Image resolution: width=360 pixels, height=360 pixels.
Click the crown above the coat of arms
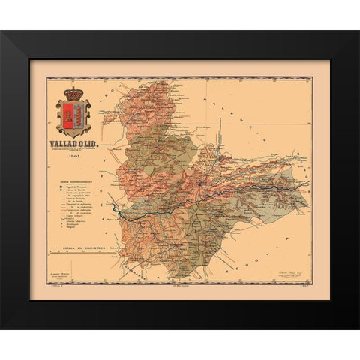pos(73,95)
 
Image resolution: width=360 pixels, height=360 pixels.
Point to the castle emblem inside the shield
pos(68,115)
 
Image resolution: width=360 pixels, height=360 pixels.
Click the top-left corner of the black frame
pos(3,32)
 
